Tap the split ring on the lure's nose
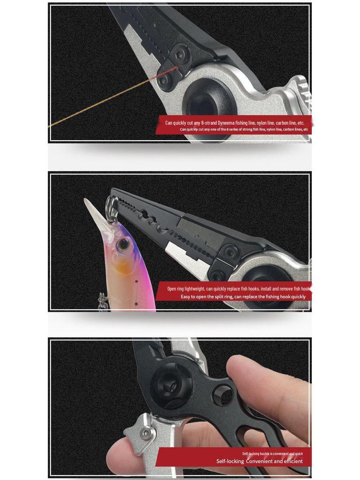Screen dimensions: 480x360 pos(111,206)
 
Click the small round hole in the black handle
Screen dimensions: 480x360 pos(223,395)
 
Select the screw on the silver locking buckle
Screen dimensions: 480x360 pos(147,434)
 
